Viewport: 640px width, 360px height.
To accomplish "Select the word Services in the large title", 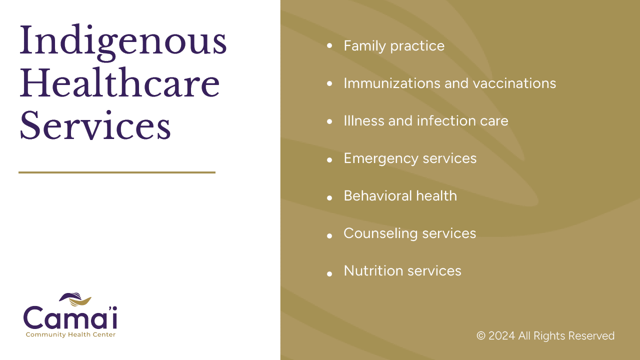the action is click(x=95, y=125).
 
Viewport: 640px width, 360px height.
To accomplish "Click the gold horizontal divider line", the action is click(x=117, y=172).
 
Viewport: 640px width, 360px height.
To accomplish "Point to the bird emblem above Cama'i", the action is click(x=75, y=299).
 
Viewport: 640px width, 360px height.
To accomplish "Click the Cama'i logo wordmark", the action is click(x=70, y=317).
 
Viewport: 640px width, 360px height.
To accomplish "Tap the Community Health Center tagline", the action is click(x=70, y=334).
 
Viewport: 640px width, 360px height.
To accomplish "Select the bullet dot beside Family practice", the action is click(x=329, y=45).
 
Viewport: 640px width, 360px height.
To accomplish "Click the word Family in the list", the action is click(x=365, y=46).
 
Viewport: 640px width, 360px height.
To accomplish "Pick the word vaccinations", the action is click(x=514, y=83).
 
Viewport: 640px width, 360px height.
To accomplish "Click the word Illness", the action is click(x=364, y=120).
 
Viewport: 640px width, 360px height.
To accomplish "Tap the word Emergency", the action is click(x=381, y=158).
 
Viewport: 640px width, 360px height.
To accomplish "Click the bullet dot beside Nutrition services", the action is click(x=329, y=273).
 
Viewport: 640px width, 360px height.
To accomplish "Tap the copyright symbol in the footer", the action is click(x=481, y=335).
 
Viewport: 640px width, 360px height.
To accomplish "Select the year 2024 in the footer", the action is click(x=501, y=335).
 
